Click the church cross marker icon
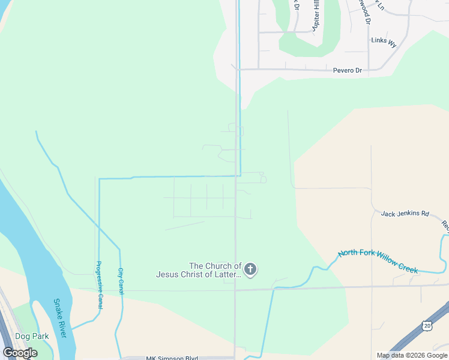point(250,269)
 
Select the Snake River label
point(60,319)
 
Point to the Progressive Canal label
point(98,286)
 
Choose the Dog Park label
point(32,337)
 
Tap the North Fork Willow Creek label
point(378,262)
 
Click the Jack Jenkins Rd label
point(405,213)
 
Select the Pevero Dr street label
point(348,71)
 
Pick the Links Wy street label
point(384,42)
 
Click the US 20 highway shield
point(427,325)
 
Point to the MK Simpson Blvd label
point(172,358)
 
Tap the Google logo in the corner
point(20,353)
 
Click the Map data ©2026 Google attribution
point(412,355)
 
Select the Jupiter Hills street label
point(315,15)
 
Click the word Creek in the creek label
point(405,267)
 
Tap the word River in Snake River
point(62,328)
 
